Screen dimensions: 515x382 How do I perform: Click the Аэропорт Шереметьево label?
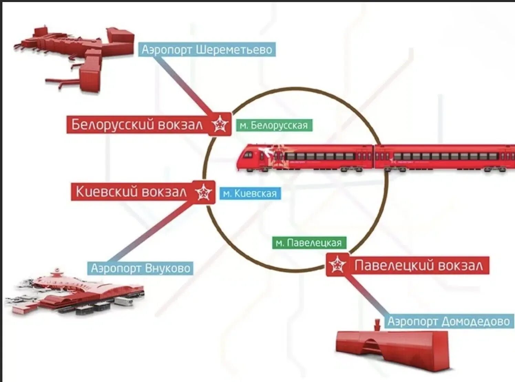[x=207, y=50]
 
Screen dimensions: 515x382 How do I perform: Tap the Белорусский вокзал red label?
[x=137, y=125]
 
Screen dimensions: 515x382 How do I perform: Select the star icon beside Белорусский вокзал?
[x=220, y=124]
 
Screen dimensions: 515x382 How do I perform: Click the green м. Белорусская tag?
[x=274, y=125]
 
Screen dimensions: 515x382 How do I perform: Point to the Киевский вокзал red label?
[x=131, y=192]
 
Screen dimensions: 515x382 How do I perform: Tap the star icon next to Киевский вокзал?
[x=204, y=192]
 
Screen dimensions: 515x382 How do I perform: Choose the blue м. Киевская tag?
[x=250, y=193]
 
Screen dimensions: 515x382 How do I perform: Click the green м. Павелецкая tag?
[x=309, y=243]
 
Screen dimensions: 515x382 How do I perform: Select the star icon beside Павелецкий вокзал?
[x=337, y=265]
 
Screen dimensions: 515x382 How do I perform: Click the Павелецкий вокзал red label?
[x=419, y=265]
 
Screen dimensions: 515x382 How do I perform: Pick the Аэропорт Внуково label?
[x=140, y=268]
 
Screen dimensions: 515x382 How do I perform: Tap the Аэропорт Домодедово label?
[x=449, y=321]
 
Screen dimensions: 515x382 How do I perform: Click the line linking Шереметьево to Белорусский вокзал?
[x=182, y=84]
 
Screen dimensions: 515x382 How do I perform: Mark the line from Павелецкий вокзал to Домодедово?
[x=367, y=296]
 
